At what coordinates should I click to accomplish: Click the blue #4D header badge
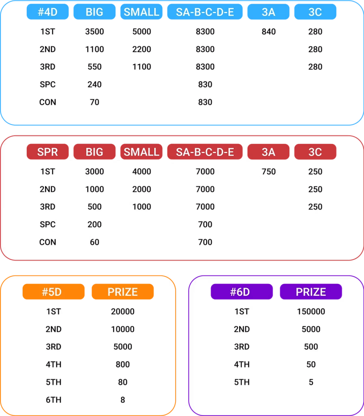48,12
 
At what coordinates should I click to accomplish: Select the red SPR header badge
48,152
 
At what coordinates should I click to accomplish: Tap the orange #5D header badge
54,292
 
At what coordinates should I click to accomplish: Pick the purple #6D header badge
242,292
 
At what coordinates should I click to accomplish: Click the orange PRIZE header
122,292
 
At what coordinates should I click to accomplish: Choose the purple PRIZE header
311,292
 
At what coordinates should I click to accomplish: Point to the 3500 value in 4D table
94,32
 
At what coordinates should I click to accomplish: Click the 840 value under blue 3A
269,32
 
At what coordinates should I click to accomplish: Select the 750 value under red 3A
269,172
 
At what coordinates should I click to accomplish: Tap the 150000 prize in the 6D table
311,312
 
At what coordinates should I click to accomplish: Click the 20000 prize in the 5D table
122,312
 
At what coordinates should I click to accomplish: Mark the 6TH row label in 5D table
54,400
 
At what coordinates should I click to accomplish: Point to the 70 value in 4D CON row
94,102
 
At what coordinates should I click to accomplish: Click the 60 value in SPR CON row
94,242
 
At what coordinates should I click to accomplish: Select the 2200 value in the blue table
141,49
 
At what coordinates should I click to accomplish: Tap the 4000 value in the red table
141,172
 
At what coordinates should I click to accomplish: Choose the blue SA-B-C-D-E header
205,12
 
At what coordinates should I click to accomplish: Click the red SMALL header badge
141,152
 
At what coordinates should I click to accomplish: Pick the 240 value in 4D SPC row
94,84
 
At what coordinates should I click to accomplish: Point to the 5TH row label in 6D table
242,382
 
